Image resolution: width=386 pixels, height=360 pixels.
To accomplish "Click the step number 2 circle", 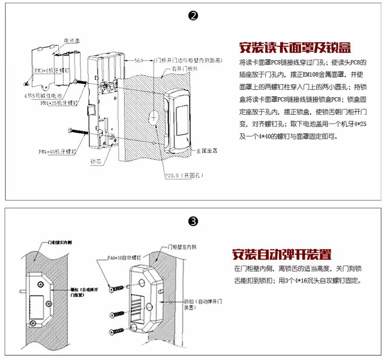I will point(193,16).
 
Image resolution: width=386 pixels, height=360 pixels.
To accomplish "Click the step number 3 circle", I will point(193,222).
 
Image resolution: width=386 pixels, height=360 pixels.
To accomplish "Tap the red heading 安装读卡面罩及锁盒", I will point(295,48).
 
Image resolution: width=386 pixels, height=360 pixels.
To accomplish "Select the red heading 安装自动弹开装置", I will point(282,254).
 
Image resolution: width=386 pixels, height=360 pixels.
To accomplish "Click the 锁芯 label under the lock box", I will point(96,161).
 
